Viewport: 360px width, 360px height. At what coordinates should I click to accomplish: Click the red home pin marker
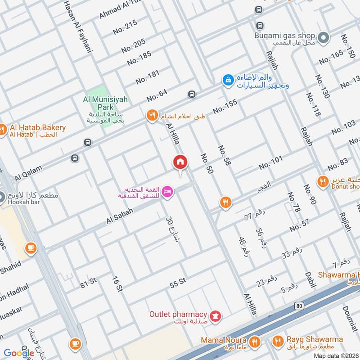point(180,162)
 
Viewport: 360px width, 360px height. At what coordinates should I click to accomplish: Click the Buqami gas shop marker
point(322,37)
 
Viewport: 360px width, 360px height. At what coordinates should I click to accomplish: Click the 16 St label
point(116,283)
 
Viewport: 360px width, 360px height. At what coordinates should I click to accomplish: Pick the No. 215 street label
point(125,28)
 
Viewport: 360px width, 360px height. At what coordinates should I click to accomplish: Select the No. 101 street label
point(271,162)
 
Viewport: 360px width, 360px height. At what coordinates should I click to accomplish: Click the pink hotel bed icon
point(167,192)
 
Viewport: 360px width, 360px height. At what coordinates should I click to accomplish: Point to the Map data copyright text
point(335,356)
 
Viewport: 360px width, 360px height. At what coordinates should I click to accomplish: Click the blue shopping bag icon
point(228,80)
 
